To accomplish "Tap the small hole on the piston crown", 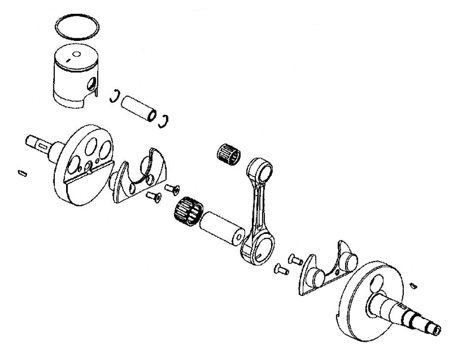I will click(75, 54).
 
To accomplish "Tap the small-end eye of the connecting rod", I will click(261, 170).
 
